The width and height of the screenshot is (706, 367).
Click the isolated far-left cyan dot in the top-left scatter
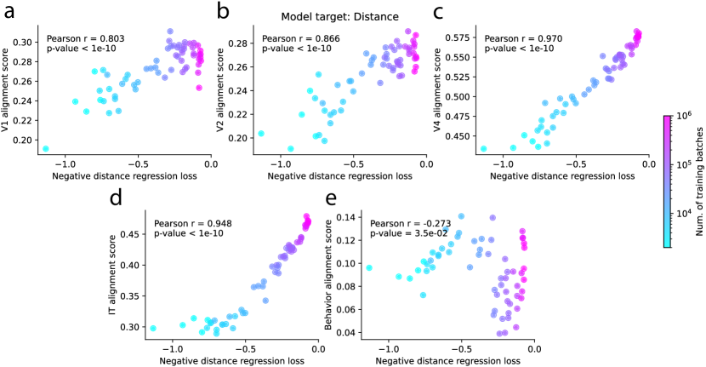[46, 149]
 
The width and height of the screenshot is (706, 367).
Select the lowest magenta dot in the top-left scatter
[199, 88]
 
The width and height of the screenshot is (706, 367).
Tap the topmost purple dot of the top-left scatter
[170, 32]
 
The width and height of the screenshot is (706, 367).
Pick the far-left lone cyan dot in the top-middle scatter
[261, 134]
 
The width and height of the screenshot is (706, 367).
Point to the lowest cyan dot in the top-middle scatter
[291, 149]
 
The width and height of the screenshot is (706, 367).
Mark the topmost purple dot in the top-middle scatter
[408, 32]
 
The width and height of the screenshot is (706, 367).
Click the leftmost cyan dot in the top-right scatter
[483, 149]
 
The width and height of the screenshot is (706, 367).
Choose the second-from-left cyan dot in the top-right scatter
[513, 148]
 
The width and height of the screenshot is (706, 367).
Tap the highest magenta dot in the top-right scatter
[636, 32]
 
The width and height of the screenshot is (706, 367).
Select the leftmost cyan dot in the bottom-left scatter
[153, 328]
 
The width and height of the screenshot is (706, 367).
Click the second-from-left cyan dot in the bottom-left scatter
[183, 324]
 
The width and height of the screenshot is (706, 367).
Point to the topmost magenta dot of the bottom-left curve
[306, 216]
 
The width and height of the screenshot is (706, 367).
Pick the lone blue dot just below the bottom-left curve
[266, 301]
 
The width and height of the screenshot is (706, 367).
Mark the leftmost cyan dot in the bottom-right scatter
[369, 267]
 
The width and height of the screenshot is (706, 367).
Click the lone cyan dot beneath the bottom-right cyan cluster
[423, 295]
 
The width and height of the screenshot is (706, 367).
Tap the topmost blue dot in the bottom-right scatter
[461, 216]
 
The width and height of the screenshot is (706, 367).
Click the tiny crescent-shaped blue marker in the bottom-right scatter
[445, 230]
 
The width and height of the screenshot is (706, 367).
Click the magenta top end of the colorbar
[667, 119]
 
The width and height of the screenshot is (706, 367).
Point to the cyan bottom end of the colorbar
[667, 244]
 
